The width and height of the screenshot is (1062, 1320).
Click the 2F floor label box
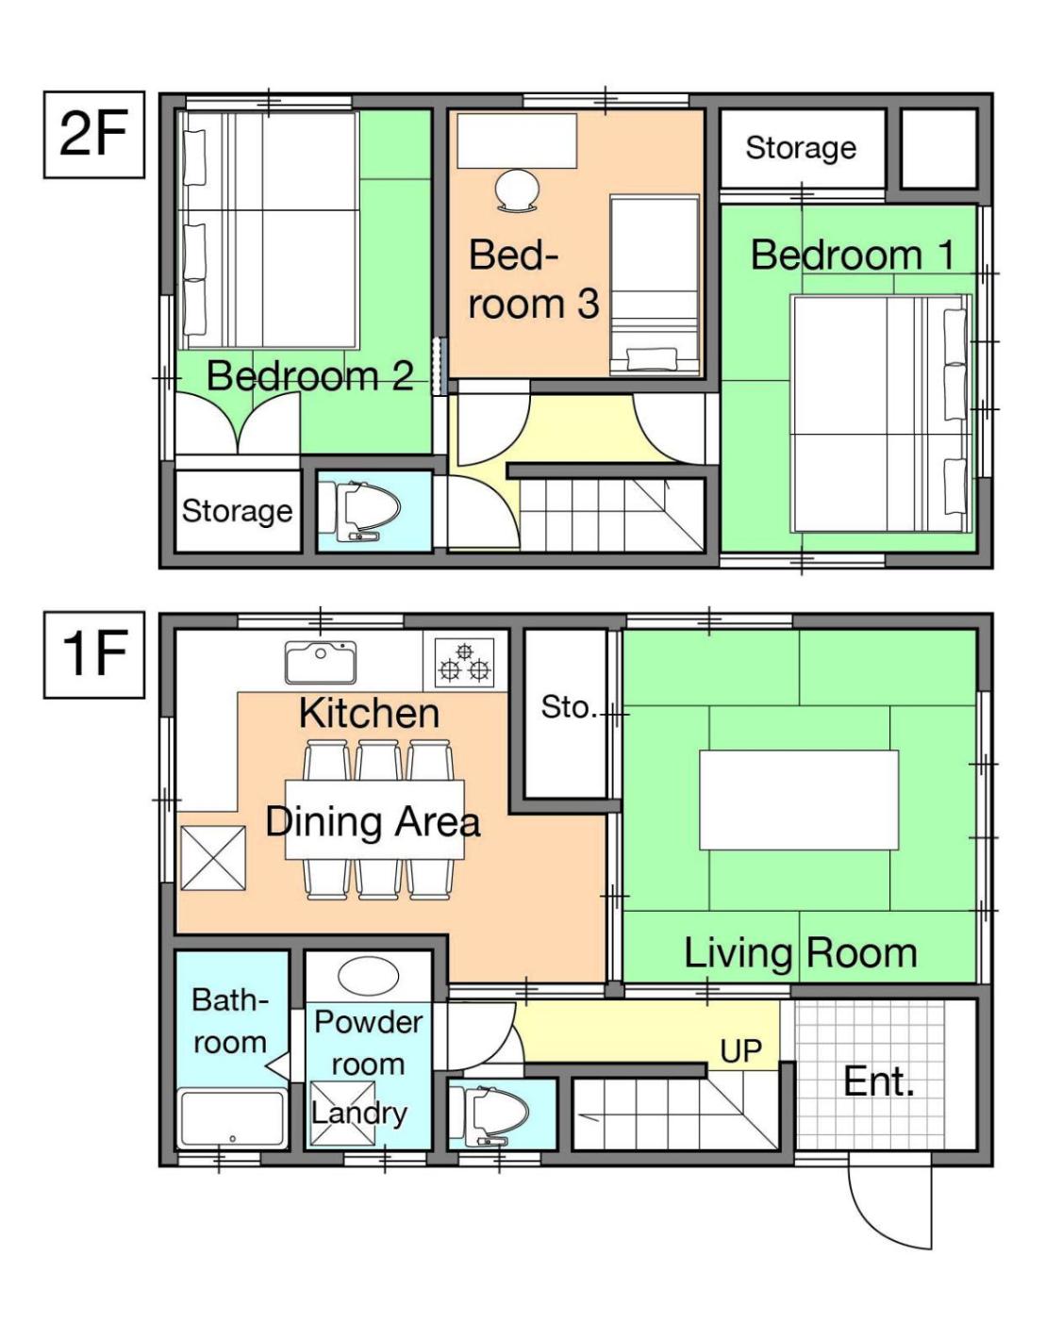(94, 134)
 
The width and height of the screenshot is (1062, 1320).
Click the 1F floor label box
(94, 654)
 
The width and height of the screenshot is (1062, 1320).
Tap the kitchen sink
(321, 663)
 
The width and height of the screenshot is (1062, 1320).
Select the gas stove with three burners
(464, 663)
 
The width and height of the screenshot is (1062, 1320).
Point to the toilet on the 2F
(367, 510)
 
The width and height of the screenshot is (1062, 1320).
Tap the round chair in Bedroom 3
(517, 190)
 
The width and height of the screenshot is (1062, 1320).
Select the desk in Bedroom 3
(517, 140)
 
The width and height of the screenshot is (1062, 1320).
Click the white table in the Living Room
(799, 800)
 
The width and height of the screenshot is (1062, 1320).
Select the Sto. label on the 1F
(569, 707)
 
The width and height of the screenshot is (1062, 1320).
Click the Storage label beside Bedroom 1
(801, 148)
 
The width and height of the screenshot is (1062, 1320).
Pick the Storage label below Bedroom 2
(237, 511)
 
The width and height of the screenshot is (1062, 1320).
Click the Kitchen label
(370, 713)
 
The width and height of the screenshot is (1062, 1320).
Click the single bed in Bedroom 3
(655, 286)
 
